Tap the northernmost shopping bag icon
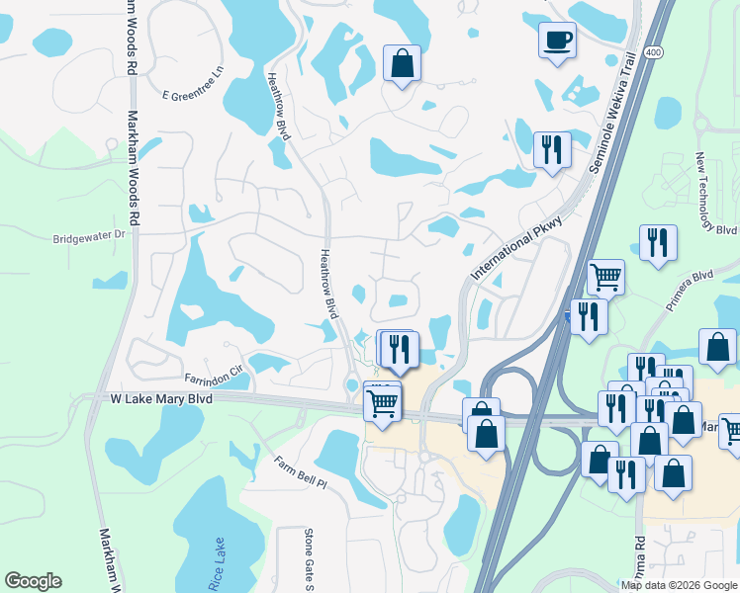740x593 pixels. pyautogui.click(x=402, y=63)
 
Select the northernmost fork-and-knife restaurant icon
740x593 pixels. pyautogui.click(x=552, y=150)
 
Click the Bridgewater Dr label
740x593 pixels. pyautogui.click(x=90, y=237)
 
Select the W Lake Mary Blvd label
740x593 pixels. pyautogui.click(x=160, y=398)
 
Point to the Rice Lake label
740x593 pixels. pyautogui.click(x=219, y=562)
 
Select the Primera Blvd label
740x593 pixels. pyautogui.click(x=690, y=291)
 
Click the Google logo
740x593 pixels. pyautogui.click(x=33, y=581)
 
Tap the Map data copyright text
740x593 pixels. pyautogui.click(x=680, y=585)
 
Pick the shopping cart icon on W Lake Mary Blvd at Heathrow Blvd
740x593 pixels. pyautogui.click(x=382, y=402)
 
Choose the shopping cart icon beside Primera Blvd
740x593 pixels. pyautogui.click(x=604, y=278)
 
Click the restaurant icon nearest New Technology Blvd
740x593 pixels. pyautogui.click(x=658, y=242)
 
